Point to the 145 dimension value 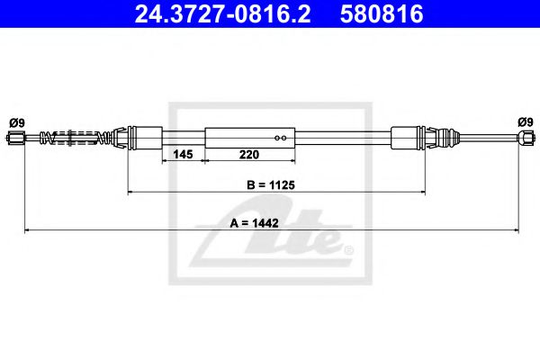pos(183,155)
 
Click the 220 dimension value pos(249,155)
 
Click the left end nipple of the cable pos(17,138)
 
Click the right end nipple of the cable pos(523,138)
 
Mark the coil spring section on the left pos(81,138)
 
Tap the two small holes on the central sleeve pos(281,138)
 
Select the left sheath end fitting pos(144,138)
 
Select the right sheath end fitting pos(407,138)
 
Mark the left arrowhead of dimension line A pos(27,231)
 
